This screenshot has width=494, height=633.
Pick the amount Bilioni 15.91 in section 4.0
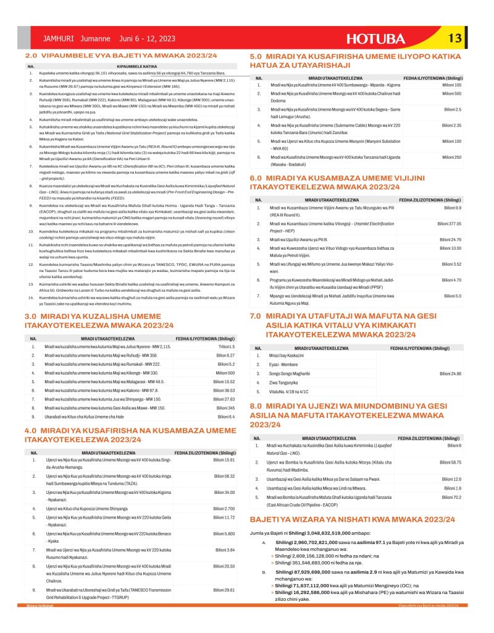pos(224,461)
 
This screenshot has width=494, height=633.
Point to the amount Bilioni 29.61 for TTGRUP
pos(225,590)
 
